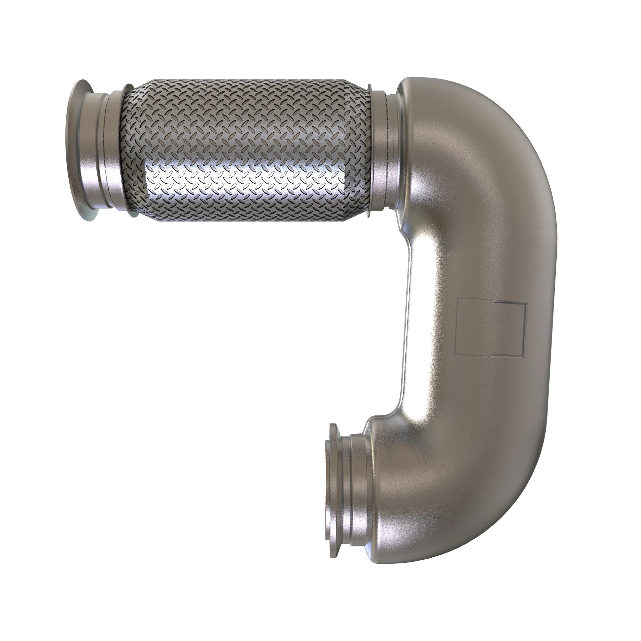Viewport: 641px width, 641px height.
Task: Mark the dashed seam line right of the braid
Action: (387, 151)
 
